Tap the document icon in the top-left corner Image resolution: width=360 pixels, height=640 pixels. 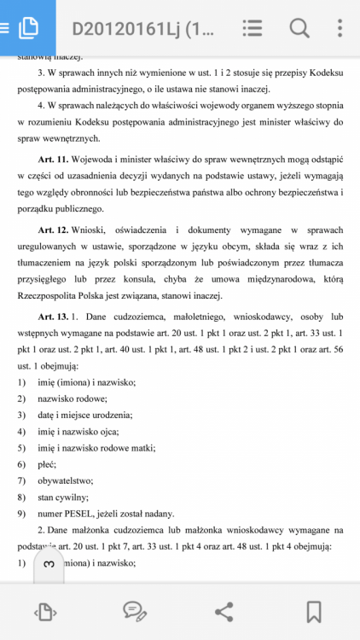27,27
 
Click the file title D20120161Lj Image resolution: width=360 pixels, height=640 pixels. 143,28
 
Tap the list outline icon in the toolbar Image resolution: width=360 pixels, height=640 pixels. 252,28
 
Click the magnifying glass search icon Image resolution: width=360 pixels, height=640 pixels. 299,28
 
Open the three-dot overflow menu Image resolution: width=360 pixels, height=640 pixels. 341,28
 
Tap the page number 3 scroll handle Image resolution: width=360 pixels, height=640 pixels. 49,564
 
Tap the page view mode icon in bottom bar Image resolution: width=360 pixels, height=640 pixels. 44,611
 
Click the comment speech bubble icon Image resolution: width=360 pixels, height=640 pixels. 134,611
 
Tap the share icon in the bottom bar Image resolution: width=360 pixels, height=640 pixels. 224,611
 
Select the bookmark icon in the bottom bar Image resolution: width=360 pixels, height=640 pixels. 314,611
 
